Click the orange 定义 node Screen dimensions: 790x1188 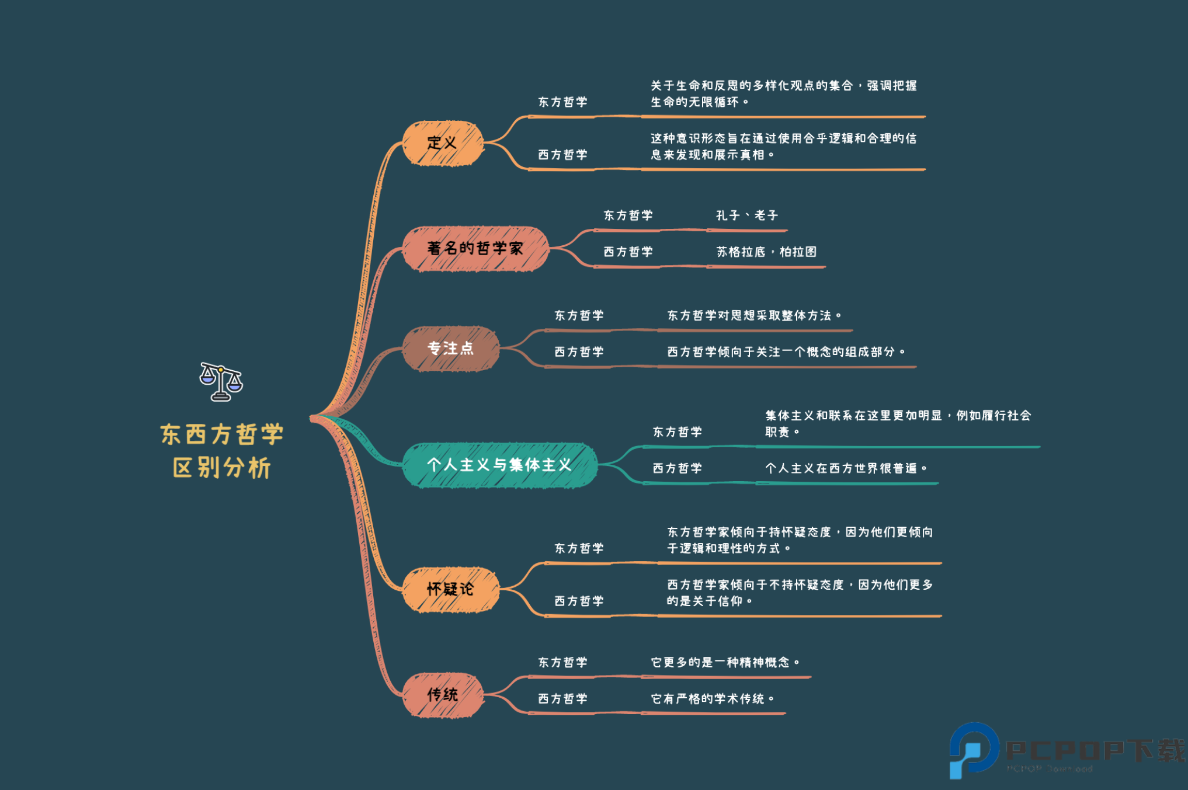click(443, 143)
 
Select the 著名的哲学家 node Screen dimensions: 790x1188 click(475, 249)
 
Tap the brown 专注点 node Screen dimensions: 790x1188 click(450, 349)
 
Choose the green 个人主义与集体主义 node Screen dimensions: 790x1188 click(499, 465)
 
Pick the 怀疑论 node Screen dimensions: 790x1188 click(450, 589)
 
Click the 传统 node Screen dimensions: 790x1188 click(443, 695)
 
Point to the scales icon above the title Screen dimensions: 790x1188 click(221, 382)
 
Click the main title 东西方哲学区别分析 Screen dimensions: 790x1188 click(222, 451)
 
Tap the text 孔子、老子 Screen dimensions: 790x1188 click(747, 215)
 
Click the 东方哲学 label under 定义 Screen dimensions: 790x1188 click(562, 102)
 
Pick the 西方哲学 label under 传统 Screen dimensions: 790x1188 click(562, 699)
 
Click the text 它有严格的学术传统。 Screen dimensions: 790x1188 click(713, 699)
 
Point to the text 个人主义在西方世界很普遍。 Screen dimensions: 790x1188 click(846, 468)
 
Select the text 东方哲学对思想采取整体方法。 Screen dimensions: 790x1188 click(754, 316)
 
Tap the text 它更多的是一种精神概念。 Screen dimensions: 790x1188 click(725, 663)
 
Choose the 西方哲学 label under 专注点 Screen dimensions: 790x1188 click(579, 352)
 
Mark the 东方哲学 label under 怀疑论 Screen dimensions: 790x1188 click(579, 549)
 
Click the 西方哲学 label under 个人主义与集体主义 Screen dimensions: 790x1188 click(677, 468)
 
